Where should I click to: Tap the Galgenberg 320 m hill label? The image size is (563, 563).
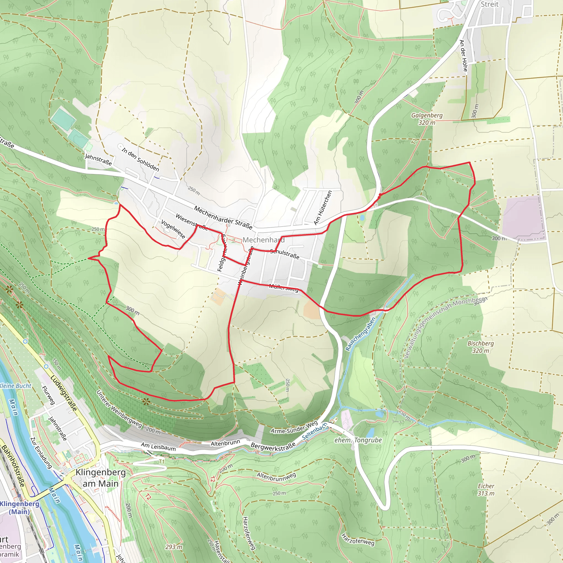[x=427, y=119]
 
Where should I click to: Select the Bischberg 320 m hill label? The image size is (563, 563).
[x=481, y=347]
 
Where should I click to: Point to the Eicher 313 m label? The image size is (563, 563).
[x=486, y=490]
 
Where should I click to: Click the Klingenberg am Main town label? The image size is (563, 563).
[x=101, y=478]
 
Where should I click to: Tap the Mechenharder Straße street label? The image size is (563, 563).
[x=223, y=217]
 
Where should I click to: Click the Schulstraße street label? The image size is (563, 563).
[x=285, y=254]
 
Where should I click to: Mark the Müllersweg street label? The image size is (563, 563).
[x=283, y=288]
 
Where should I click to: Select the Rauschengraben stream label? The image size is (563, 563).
[x=360, y=334]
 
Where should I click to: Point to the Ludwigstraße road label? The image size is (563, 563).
[x=64, y=393]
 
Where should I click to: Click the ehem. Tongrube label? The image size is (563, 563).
[x=358, y=440]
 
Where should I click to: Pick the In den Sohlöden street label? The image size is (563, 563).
[x=140, y=160]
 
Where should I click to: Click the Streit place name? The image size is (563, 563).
[x=490, y=4]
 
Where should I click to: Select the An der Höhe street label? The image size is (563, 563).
[x=463, y=56]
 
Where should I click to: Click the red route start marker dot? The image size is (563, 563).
[x=380, y=195]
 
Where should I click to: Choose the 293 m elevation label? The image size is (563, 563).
[x=174, y=547]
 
